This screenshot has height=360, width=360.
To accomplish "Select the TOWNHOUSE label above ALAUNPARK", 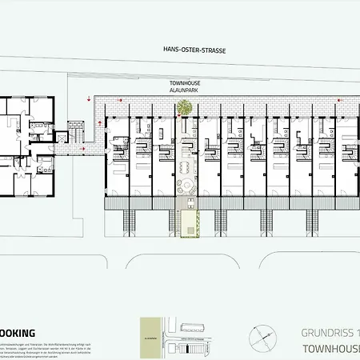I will tap(183, 83).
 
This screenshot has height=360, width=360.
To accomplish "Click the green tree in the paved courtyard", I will tap(184, 107).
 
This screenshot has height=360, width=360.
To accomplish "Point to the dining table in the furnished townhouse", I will tap(184, 167).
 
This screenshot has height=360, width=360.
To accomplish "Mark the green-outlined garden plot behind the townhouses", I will tap(189, 225).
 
